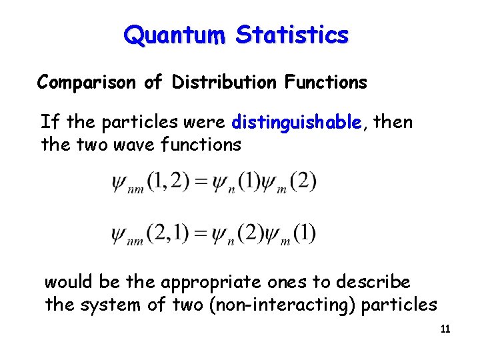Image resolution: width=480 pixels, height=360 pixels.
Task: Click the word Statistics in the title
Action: click(292, 34)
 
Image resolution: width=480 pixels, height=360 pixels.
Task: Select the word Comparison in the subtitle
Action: click(87, 83)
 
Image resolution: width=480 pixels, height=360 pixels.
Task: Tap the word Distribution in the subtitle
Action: click(223, 82)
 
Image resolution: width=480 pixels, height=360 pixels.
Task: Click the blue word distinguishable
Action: click(297, 123)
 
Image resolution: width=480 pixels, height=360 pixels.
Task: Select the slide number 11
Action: click(445, 329)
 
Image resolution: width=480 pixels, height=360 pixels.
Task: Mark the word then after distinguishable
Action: click(393, 123)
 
